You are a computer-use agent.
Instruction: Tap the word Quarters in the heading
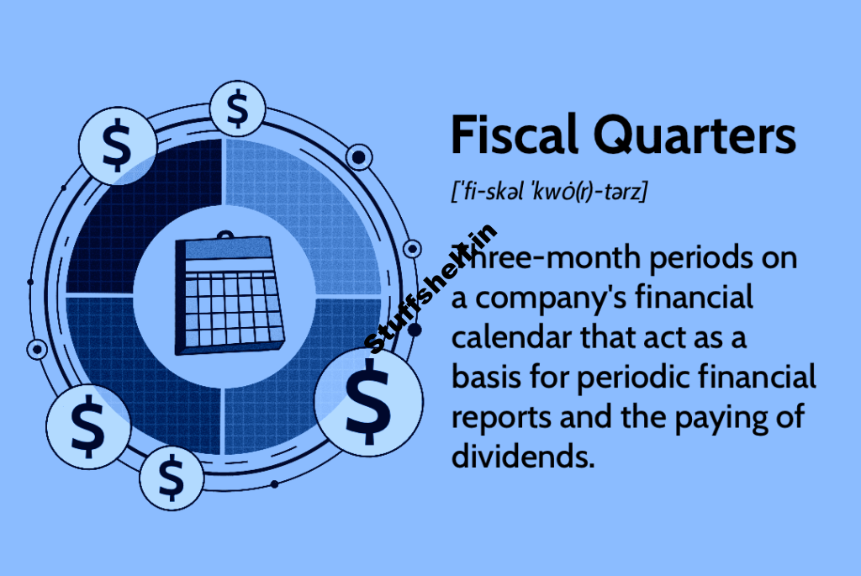[695, 137]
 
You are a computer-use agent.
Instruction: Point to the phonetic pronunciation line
[548, 192]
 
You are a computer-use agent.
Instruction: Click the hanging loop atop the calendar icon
[224, 238]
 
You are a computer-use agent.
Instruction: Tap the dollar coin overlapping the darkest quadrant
[117, 145]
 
